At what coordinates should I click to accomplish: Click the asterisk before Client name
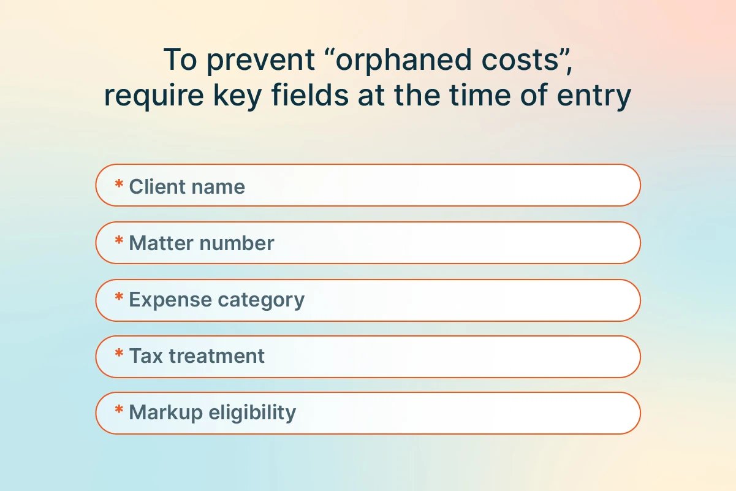tap(119, 183)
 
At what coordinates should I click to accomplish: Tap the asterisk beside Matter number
tap(119, 240)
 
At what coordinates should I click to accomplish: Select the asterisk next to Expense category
tap(119, 297)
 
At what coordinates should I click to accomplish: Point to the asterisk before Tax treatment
tap(119, 353)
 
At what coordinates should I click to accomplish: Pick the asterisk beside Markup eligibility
tap(119, 409)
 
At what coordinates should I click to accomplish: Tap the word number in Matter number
tap(237, 243)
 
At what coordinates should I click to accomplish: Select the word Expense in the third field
tap(170, 300)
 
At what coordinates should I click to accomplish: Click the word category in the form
tap(261, 300)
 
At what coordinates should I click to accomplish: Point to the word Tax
tap(146, 356)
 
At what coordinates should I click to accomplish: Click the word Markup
tap(166, 413)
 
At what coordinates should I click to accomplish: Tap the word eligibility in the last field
tap(252, 413)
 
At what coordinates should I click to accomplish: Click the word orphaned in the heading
tap(404, 61)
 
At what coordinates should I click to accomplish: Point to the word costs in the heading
tap(520, 61)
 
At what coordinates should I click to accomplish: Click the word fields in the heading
tap(310, 94)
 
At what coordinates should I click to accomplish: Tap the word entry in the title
tap(594, 96)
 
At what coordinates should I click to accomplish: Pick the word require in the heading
tap(154, 96)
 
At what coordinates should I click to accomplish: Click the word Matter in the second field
tap(161, 243)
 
